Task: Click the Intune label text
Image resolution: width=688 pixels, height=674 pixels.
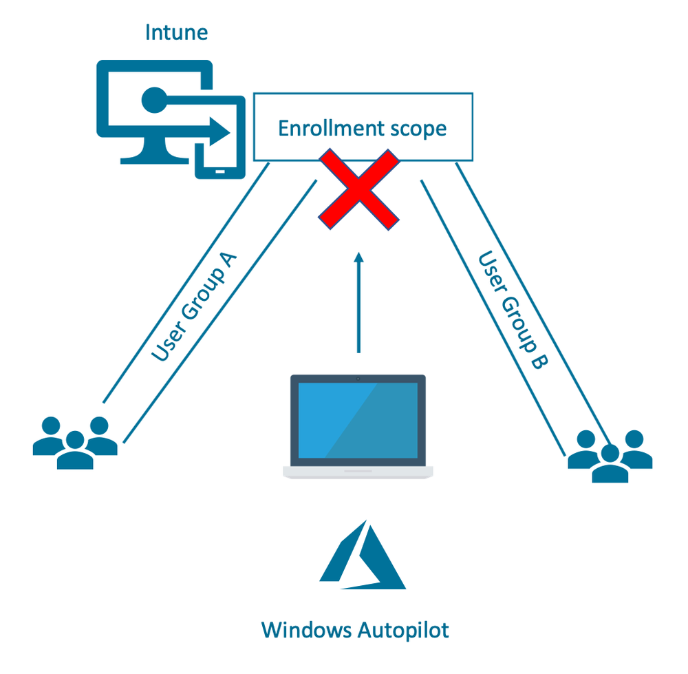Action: click(175, 32)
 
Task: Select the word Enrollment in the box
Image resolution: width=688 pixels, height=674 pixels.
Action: click(322, 128)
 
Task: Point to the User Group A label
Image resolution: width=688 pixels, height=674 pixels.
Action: click(195, 308)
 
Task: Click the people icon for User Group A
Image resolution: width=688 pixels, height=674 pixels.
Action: click(75, 443)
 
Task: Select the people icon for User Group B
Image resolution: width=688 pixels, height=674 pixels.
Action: click(610, 455)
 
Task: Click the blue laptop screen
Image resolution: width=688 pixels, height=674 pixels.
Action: click(358, 420)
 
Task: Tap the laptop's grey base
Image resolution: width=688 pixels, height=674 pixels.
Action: click(358, 472)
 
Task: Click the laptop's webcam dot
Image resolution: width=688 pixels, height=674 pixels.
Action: click(358, 379)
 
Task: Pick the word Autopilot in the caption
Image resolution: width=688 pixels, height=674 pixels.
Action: click(403, 629)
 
